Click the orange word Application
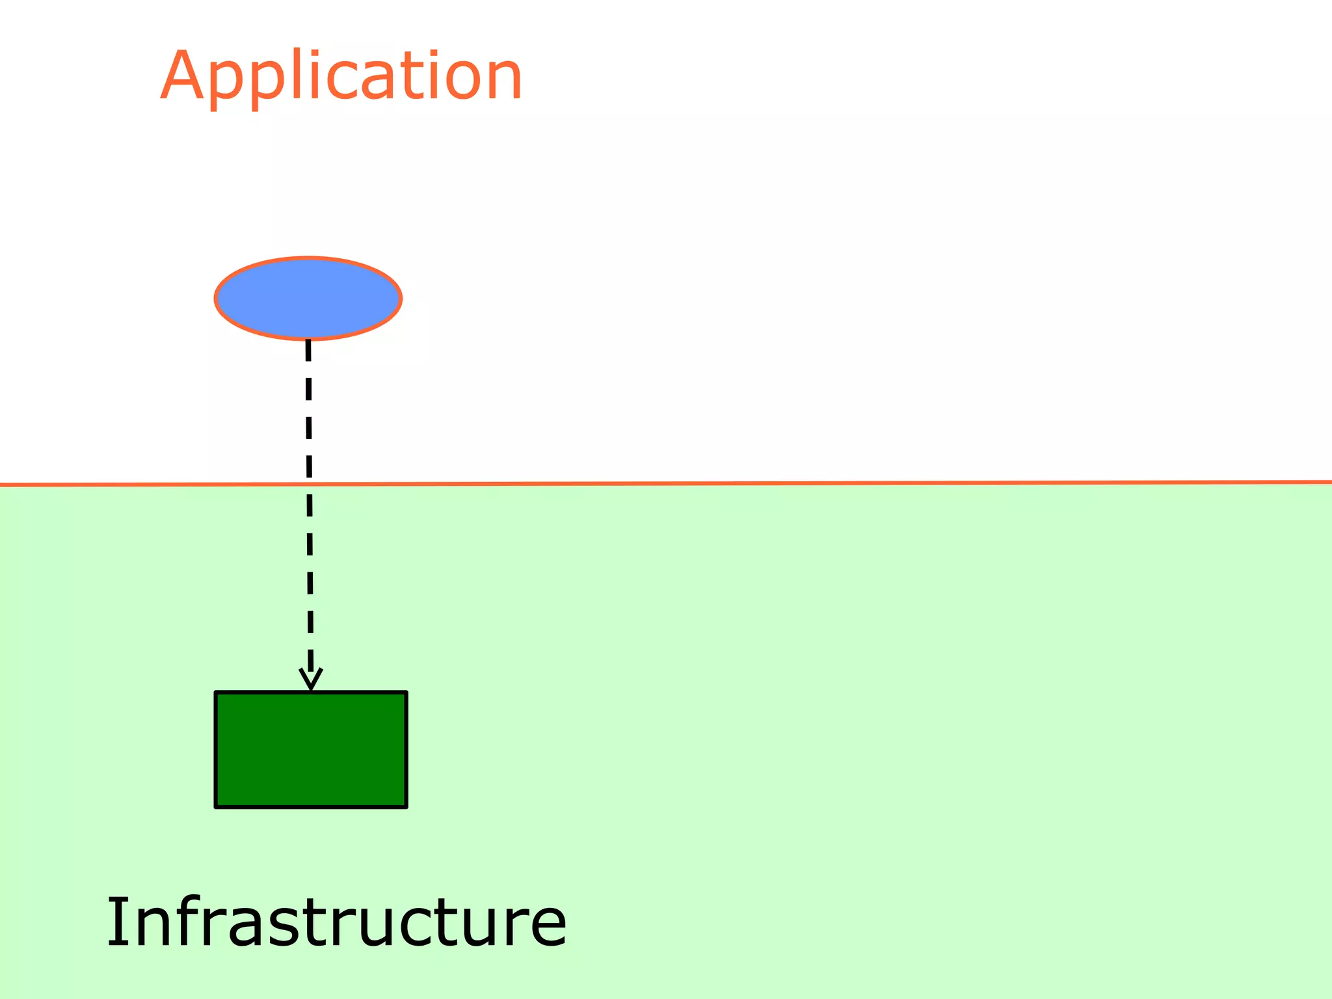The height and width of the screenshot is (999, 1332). (x=341, y=77)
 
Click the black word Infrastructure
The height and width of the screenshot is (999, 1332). (x=336, y=922)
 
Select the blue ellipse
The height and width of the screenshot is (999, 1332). (x=308, y=298)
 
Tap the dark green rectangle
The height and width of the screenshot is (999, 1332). (x=311, y=750)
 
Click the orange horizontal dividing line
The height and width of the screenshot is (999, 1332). (x=780, y=483)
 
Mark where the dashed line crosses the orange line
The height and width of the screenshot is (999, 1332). (x=310, y=484)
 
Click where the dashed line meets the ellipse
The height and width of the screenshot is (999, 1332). (x=308, y=340)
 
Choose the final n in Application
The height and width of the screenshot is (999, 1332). (x=502, y=81)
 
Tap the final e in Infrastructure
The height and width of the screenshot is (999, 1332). (x=545, y=927)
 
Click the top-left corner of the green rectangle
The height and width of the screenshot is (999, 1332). (x=216, y=693)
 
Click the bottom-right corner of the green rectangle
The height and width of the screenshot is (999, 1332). (x=406, y=806)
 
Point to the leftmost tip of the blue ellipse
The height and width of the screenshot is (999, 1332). (x=216, y=299)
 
